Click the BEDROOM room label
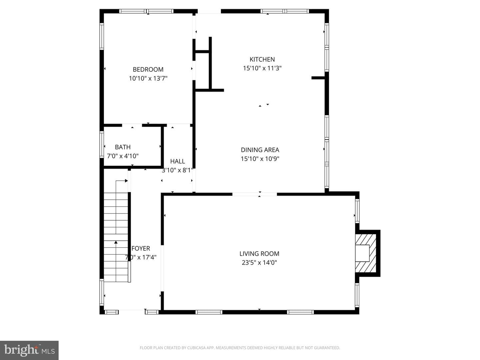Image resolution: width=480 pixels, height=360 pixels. point(148,70)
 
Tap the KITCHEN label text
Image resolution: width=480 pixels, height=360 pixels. point(262,59)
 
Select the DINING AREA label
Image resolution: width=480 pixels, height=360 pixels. point(260,150)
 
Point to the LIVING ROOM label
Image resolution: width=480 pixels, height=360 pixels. point(259,254)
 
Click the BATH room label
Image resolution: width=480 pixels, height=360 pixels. point(123,147)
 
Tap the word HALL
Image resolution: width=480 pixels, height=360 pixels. point(178,161)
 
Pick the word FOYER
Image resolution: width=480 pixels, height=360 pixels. point(141,248)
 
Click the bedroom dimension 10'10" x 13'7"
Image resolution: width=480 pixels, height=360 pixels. point(148,78)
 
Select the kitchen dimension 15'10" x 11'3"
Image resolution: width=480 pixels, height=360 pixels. point(262,68)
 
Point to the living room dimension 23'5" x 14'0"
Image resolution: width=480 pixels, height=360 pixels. point(259,263)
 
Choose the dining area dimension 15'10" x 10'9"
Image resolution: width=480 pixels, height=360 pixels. point(260,159)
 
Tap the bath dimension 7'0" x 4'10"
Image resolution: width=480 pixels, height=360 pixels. point(123,156)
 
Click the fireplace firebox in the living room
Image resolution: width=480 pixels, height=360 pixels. point(362,253)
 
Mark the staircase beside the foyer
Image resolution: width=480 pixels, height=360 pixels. point(116,237)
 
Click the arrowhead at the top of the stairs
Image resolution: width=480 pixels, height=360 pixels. point(126,181)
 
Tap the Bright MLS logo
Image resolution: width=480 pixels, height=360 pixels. point(29,350)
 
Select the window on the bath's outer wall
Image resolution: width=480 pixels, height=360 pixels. point(102,144)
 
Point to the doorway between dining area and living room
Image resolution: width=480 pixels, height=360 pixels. point(255,194)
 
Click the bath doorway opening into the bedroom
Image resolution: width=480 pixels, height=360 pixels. point(132,125)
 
